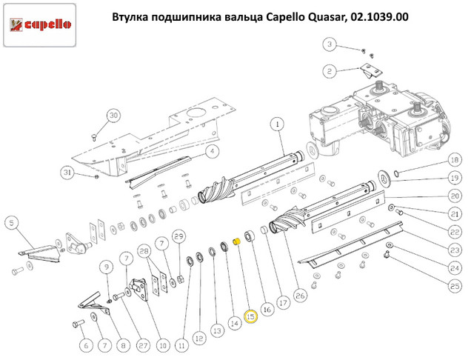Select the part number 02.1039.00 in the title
click(375, 16)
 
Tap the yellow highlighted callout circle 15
click(250, 317)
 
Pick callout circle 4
click(211, 152)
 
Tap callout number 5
click(11, 222)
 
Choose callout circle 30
click(113, 116)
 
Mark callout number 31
click(68, 173)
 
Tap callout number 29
click(178, 236)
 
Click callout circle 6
click(84, 344)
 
